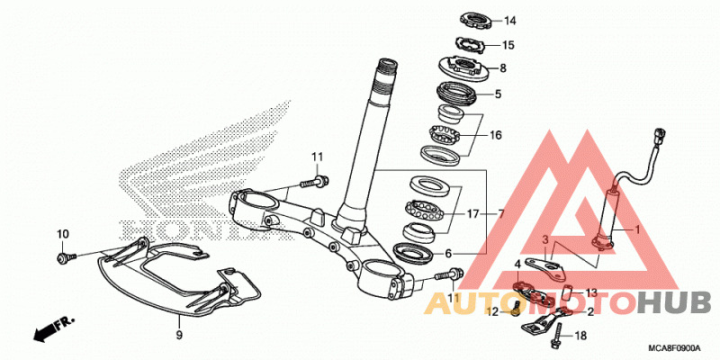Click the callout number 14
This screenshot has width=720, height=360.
coord(510,21)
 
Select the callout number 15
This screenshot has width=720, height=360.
coord(508,46)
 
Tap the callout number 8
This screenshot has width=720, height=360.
coord(503,69)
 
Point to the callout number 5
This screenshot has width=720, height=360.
coord(498,94)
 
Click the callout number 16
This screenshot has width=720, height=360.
coord(496,136)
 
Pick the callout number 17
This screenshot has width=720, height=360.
coord(473,214)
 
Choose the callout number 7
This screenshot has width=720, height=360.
coord(500,214)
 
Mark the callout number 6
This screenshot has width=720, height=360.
coord(448,254)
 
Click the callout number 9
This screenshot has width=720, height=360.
coord(179,334)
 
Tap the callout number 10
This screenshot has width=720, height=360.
coord(63,234)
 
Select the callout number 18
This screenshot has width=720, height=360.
coord(580,336)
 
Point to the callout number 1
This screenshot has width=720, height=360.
coord(636,229)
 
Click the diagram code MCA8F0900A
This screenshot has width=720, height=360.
coord(674,348)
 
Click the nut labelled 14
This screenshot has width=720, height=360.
coord(477,20)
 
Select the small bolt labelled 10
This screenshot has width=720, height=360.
coord(61,257)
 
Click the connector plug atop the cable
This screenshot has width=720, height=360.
coord(661,136)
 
